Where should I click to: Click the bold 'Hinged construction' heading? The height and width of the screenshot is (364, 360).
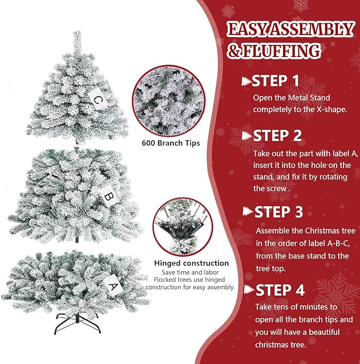tap(191, 263)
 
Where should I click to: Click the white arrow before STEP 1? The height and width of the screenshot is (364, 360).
tap(245, 81)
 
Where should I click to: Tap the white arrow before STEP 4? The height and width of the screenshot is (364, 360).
tap(249, 290)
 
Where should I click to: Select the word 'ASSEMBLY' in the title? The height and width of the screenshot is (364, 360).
tap(312, 29)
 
